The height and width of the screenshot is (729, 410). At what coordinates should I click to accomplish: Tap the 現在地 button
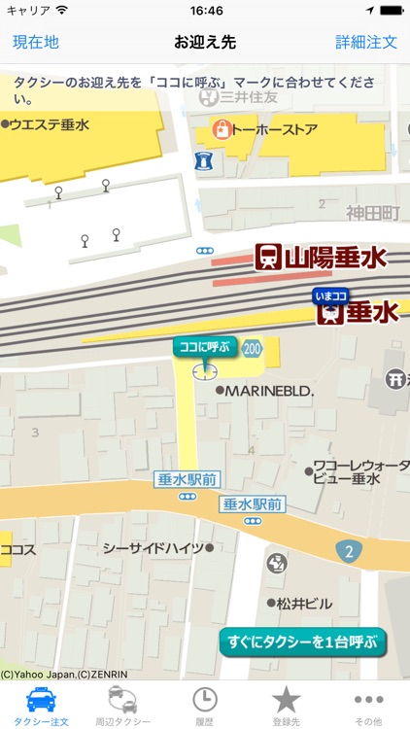tap(36, 42)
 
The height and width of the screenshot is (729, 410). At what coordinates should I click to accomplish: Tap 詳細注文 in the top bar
tap(366, 42)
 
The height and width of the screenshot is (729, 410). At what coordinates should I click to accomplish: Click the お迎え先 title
tap(205, 42)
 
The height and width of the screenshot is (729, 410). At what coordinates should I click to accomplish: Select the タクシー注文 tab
tap(40, 705)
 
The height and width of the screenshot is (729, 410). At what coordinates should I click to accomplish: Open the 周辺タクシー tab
tap(122, 705)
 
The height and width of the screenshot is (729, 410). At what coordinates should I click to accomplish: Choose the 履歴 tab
tap(204, 705)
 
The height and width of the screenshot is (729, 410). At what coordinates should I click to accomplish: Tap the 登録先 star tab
tap(286, 705)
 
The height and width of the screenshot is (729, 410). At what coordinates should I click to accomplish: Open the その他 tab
tap(368, 705)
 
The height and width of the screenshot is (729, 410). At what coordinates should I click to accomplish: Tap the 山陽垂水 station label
tap(321, 257)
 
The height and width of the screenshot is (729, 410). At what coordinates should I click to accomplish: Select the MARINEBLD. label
tap(269, 391)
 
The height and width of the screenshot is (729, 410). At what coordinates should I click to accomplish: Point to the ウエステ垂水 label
tap(49, 124)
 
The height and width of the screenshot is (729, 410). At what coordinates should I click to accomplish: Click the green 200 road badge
tap(253, 347)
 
